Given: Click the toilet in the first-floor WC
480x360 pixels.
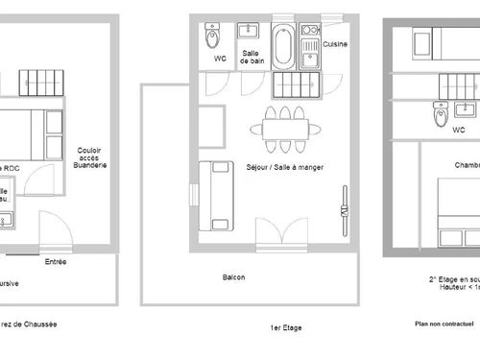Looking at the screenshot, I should (213, 39).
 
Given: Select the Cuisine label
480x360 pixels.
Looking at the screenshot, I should (334, 44).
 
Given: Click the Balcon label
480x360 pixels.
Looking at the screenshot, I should (233, 278).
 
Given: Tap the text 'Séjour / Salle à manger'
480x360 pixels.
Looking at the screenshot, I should (284, 167).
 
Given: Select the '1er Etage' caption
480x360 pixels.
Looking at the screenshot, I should (286, 327).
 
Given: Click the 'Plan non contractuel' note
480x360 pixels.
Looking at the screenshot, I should (444, 324).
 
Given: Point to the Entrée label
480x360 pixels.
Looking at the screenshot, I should (56, 260).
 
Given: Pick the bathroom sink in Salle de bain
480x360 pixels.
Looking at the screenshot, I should (252, 29).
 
